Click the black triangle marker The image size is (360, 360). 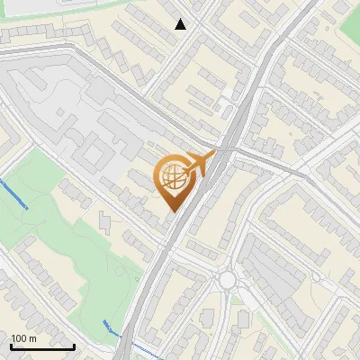(x=181, y=24)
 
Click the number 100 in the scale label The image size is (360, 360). (x=22, y=338)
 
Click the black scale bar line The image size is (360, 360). (x=42, y=346)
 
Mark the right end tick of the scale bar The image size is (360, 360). (x=75, y=345)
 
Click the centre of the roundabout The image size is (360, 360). (x=226, y=280)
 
